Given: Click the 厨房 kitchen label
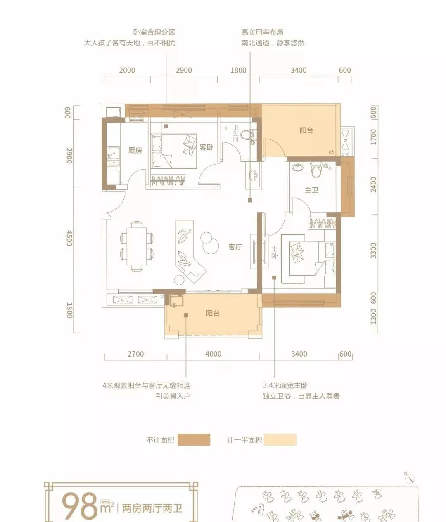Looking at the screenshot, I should coord(135,150).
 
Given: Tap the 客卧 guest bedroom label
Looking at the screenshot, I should coord(206,147).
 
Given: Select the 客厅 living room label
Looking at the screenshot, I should coord(235,247).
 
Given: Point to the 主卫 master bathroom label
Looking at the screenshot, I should coord(311,190).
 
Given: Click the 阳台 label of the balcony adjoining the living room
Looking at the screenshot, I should coord(213,313).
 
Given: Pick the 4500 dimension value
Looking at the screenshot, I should coord(69,239).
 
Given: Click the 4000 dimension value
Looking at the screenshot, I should coord(213,354).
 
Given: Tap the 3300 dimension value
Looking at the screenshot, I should coord(373,250).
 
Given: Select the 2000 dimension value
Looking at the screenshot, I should coord(127,70).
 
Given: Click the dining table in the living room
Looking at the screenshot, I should coord(136,246).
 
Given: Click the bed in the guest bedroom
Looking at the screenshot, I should coord(174,151).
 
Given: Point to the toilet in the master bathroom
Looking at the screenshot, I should coord(316,170).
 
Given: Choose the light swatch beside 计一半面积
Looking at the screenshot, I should coord(280,440).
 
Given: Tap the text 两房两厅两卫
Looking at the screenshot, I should coord(152,508).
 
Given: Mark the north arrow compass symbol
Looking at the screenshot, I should coord(409,477).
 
